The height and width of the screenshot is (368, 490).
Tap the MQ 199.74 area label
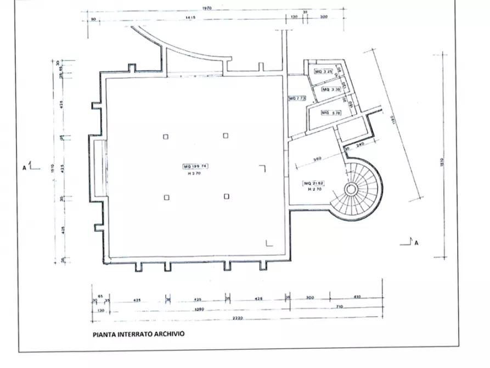(x=196, y=165)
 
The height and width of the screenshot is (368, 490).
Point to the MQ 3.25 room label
(x=323, y=72)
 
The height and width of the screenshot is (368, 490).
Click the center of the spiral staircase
(x=351, y=190)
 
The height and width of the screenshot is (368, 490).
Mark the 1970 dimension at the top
(x=207, y=8)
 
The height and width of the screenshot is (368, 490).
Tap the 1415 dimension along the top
(x=191, y=18)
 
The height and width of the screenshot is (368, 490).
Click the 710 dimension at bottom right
(x=340, y=306)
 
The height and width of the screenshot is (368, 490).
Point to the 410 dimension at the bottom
(x=357, y=297)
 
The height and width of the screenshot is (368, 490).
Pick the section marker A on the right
(x=416, y=242)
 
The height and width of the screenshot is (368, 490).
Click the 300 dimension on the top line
(x=323, y=18)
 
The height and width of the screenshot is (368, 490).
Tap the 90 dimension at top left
(x=93, y=19)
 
